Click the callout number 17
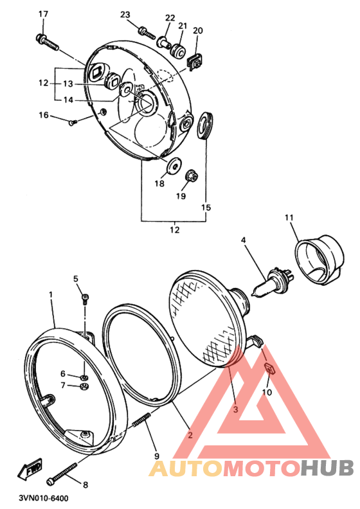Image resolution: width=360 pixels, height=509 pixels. pyautogui.click(x=43, y=14)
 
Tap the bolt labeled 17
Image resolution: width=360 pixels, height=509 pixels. pyautogui.click(x=48, y=43)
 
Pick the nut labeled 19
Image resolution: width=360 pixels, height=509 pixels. pyautogui.click(x=191, y=175)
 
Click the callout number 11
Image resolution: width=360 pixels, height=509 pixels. pyautogui.click(x=289, y=219)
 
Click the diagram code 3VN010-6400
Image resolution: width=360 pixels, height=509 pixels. pyautogui.click(x=44, y=497)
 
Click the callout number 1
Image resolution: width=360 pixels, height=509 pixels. pyautogui.click(x=50, y=294)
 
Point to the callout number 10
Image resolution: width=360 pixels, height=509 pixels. pyautogui.click(x=267, y=392)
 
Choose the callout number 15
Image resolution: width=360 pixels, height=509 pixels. pyautogui.click(x=206, y=207)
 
